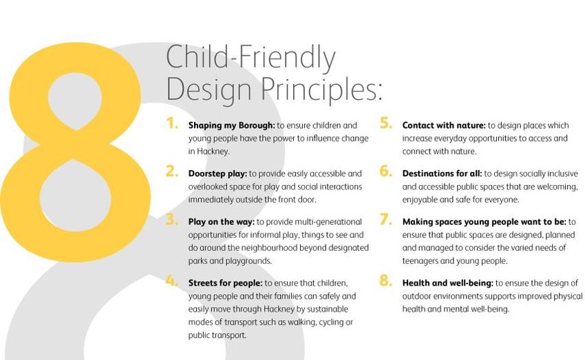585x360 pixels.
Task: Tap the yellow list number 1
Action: point(172,123)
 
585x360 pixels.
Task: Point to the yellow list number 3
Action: point(172,220)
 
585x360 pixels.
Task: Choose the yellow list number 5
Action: point(386,123)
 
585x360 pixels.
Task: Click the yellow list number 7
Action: point(386,220)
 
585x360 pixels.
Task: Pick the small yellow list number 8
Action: point(386,281)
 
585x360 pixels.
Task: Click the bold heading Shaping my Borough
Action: point(231,126)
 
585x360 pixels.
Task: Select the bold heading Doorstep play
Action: point(217,174)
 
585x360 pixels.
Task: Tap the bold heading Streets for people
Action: point(225,283)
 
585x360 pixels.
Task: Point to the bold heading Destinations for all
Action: point(442,173)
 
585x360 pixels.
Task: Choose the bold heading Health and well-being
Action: point(448,283)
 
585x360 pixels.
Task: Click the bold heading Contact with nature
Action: point(444,125)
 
